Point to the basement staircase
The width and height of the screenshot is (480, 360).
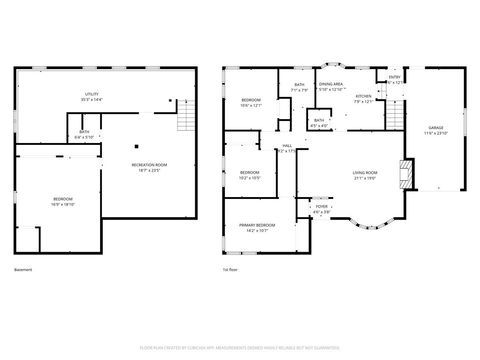coord(184,121)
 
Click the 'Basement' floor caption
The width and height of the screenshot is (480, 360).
coord(23,270)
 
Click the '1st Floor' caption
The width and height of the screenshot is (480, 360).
coord(230,270)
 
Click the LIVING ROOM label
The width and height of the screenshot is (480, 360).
coord(364,175)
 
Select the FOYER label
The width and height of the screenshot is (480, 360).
coord(321,209)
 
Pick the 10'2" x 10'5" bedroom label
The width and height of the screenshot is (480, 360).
coord(250,175)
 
